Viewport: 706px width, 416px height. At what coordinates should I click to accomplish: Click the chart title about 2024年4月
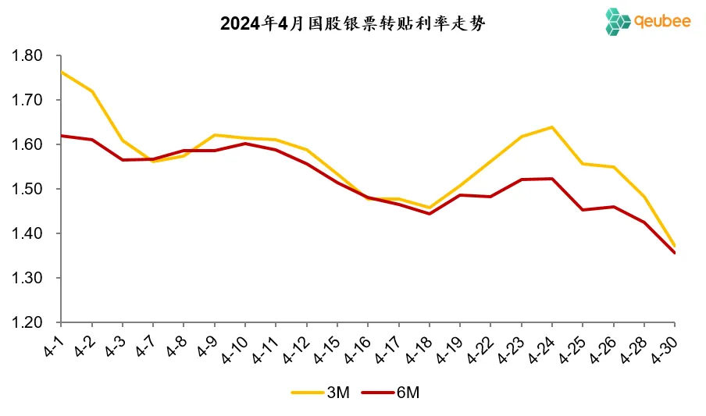click(353, 24)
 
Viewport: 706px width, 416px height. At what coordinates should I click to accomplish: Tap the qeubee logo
click(647, 21)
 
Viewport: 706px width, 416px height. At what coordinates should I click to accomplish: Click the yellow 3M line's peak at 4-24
click(552, 126)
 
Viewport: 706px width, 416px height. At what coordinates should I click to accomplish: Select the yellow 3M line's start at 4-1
click(62, 72)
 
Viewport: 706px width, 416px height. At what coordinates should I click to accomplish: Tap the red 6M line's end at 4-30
click(675, 253)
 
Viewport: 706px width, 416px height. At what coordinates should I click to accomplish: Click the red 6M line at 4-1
click(62, 136)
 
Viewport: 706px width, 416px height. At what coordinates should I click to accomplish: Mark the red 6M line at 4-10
click(245, 143)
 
